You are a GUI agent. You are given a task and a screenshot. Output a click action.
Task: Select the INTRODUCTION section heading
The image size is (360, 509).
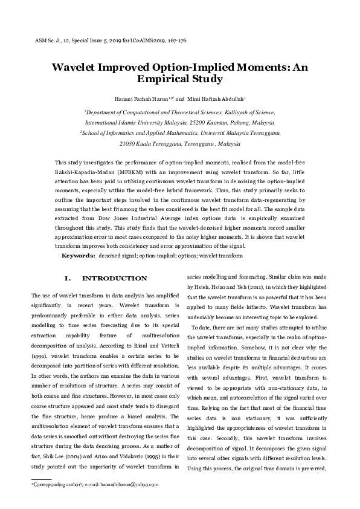[114, 278]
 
